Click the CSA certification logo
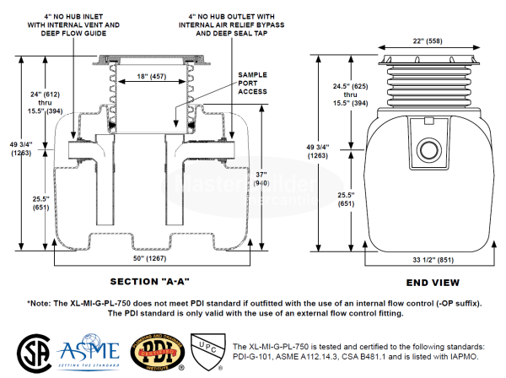pos(33,352)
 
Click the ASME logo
pos(85,353)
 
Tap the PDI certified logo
pos(150,352)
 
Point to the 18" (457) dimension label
pos(153,77)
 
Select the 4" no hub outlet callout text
pos(245,24)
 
